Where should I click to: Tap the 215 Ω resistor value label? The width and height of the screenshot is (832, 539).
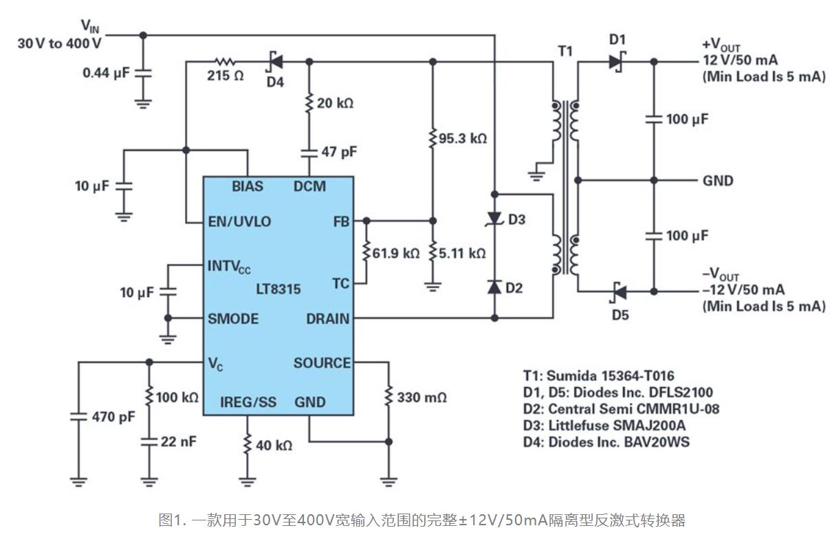pyautogui.click(x=226, y=76)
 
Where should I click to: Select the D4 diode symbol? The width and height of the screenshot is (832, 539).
pyautogui.click(x=275, y=61)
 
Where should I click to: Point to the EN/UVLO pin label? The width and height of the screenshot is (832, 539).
pyautogui.click(x=239, y=221)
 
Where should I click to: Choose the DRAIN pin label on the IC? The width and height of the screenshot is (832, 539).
pyautogui.click(x=327, y=318)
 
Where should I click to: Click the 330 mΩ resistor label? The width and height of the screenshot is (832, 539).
pyautogui.click(x=422, y=397)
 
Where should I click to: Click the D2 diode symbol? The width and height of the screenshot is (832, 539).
pyautogui.click(x=494, y=287)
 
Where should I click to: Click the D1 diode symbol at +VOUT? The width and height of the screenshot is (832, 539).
pyautogui.click(x=615, y=61)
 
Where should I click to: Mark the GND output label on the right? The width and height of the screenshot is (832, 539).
pyautogui.click(x=718, y=181)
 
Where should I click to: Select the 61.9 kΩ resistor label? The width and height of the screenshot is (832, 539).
pyautogui.click(x=395, y=253)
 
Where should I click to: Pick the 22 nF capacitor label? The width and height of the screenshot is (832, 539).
pyautogui.click(x=178, y=441)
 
